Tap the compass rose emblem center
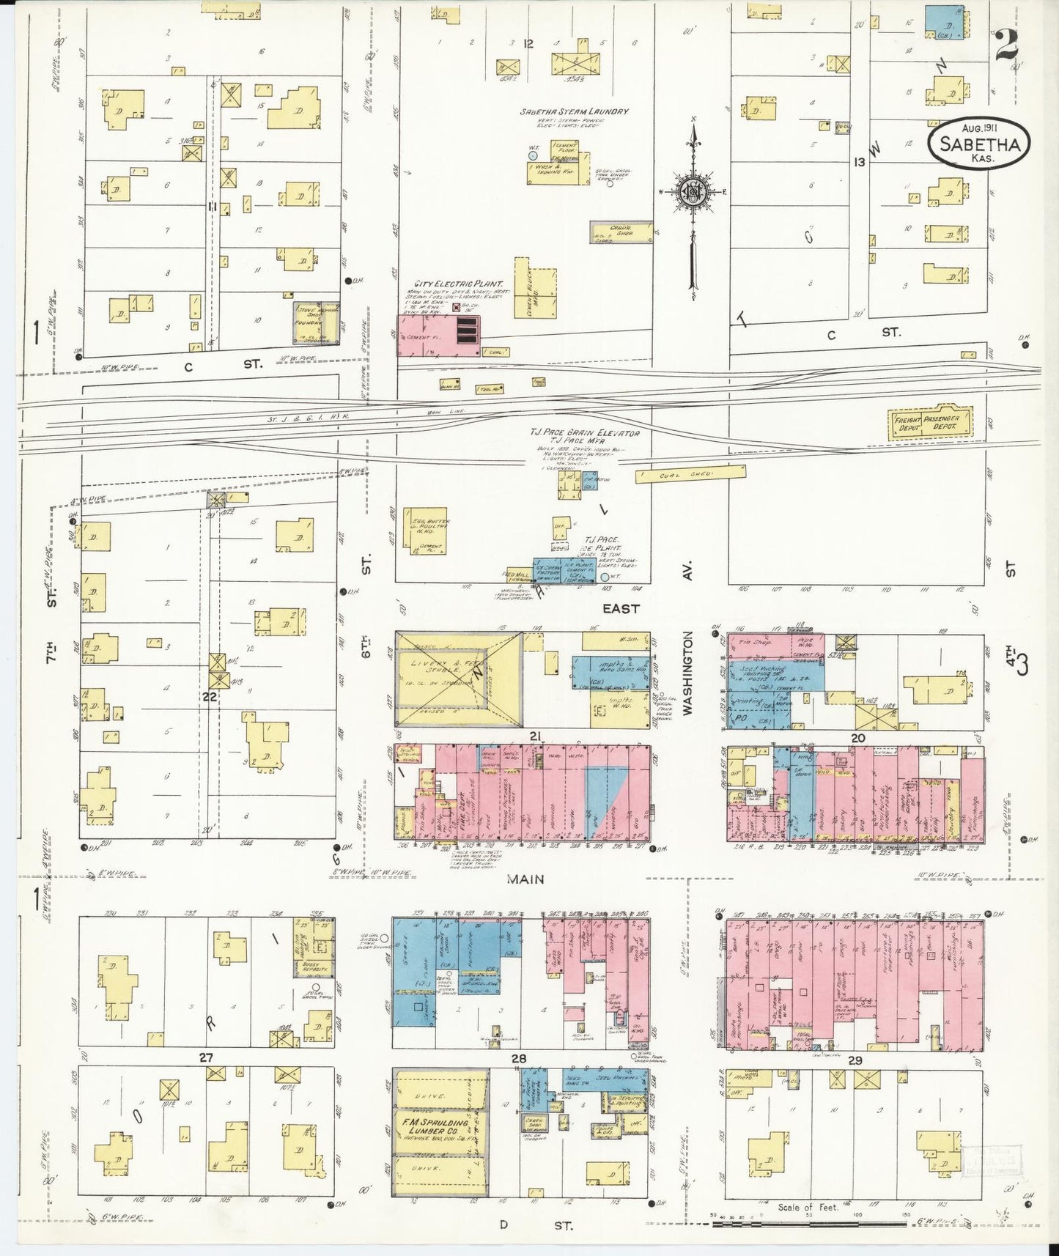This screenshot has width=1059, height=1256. pyautogui.click(x=692, y=193)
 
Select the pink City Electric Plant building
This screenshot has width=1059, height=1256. pyautogui.click(x=438, y=336)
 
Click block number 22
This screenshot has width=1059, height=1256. pyautogui.click(x=210, y=696)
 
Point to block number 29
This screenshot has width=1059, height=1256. pyautogui.click(x=855, y=1060)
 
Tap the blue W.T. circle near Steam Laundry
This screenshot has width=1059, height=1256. pyautogui.click(x=534, y=155)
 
